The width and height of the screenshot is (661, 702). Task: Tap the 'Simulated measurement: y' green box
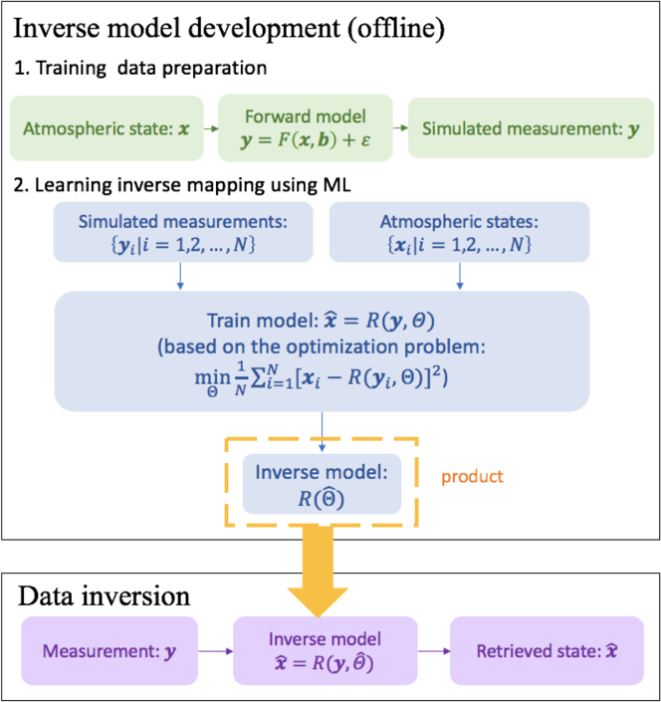click(517, 128)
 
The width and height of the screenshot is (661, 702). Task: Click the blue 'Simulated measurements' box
click(179, 231)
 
